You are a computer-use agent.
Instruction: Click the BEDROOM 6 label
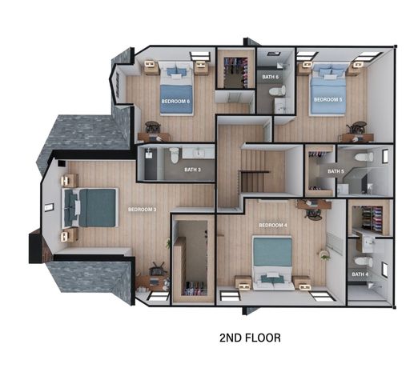[175, 102]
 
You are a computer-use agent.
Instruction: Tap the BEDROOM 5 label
[327, 99]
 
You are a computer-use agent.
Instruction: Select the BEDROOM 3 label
[142, 210]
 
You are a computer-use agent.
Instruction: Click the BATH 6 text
[270, 77]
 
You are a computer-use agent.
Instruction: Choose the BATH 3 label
[192, 170]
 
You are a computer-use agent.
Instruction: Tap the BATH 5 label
[336, 171]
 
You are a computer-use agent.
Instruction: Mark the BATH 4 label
[360, 274]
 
